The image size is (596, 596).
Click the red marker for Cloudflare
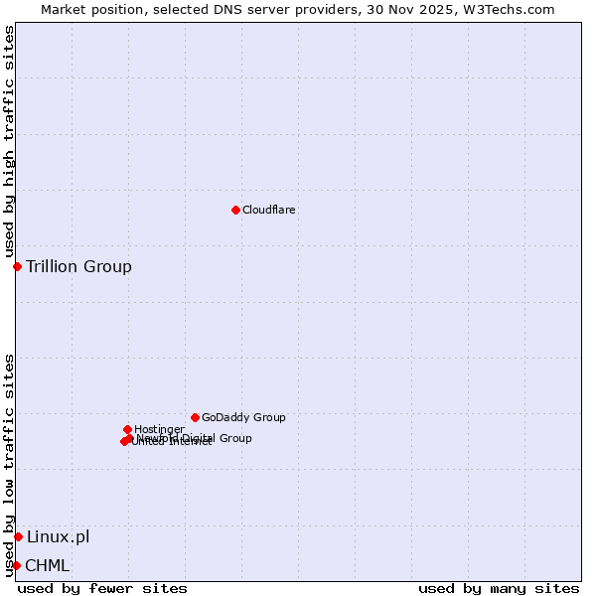point(235,210)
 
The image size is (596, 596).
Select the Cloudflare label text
point(269,210)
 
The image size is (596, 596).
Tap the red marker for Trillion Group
point(17,266)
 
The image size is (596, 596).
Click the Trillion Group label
point(78,266)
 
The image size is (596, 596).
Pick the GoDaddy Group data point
point(195,417)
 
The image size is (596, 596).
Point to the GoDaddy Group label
point(243,417)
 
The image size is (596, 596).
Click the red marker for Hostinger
point(127,429)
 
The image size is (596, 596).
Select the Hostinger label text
point(159,429)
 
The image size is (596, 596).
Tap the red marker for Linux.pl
point(18,537)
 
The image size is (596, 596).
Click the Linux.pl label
point(58,537)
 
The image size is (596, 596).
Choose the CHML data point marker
point(16,566)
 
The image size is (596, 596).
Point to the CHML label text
point(48,566)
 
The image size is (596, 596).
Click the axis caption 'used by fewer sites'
point(102,588)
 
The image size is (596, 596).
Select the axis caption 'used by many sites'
point(499,588)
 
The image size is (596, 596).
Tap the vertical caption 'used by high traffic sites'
point(9,142)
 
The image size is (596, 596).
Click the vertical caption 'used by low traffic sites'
point(9,464)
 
